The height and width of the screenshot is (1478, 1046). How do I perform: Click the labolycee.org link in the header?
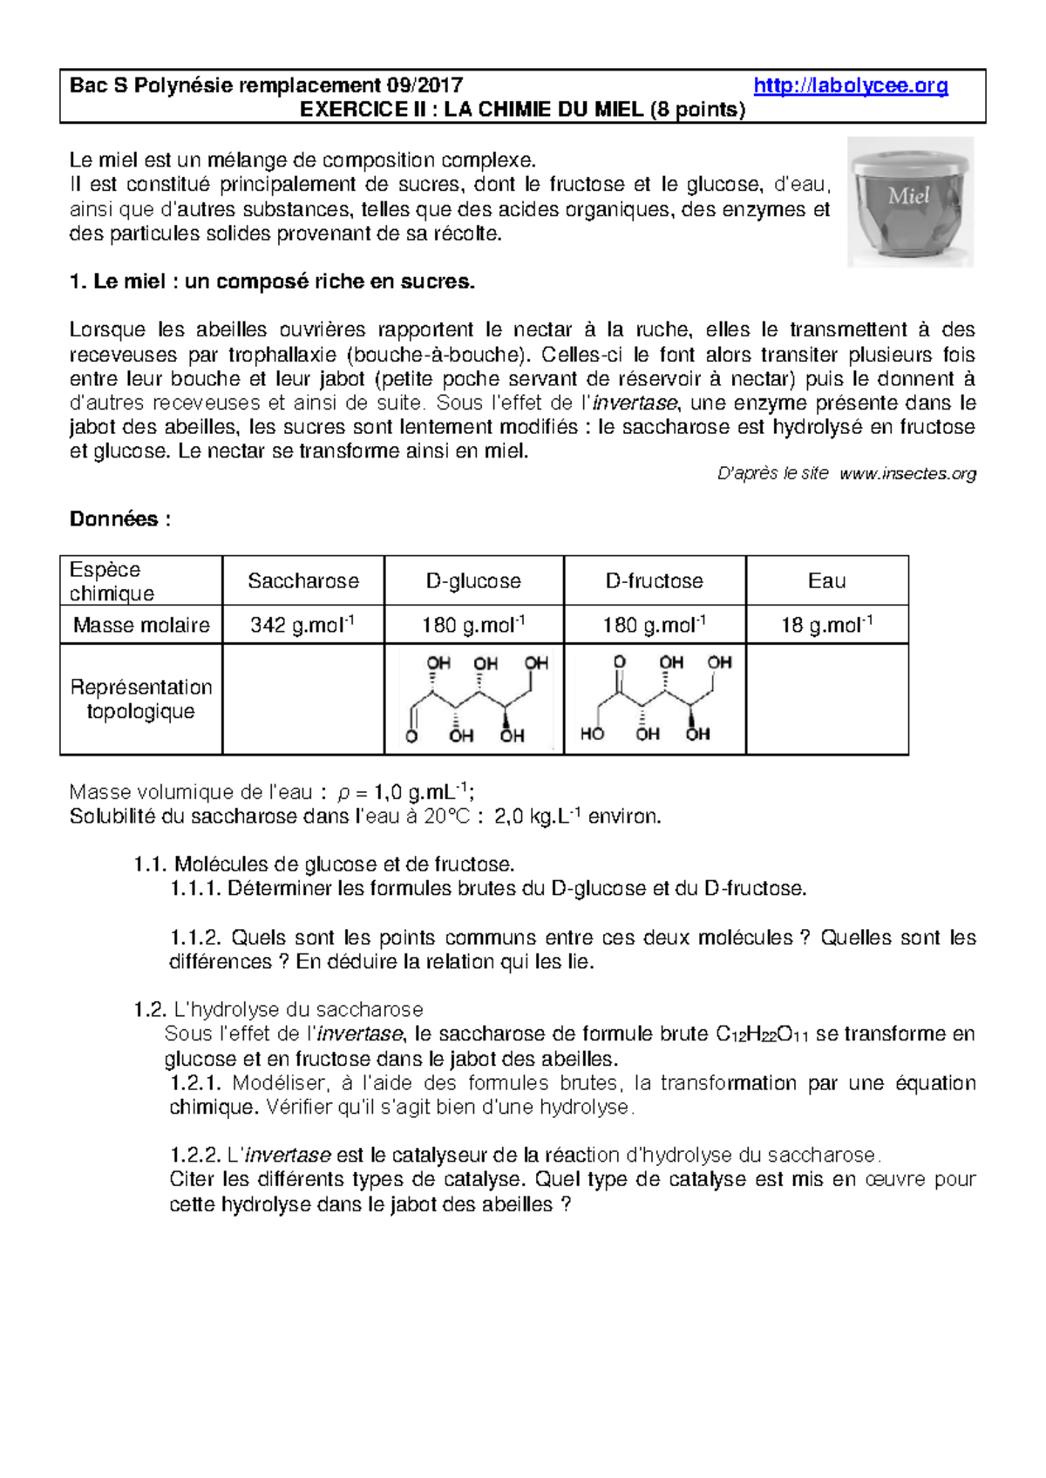[x=850, y=85]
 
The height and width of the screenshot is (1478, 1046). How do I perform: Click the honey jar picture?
[x=910, y=202]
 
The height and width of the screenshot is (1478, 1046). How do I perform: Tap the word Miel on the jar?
[x=908, y=196]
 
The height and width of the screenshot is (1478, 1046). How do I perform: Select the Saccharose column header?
[x=302, y=580]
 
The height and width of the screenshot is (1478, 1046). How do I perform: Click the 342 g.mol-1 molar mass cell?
[x=302, y=625]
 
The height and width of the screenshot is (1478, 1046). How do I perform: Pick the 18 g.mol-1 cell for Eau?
[x=826, y=625]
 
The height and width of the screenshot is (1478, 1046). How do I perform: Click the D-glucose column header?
[x=473, y=580]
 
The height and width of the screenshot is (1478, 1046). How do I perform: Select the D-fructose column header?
[x=654, y=580]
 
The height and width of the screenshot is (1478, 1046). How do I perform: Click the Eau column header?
[x=826, y=580]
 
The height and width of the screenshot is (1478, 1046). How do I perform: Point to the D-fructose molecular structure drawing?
[x=655, y=699]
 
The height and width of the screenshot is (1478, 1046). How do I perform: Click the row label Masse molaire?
[x=141, y=625]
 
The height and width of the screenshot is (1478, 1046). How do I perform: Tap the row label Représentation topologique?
[x=141, y=699]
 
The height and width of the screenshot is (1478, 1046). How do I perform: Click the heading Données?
[x=119, y=519]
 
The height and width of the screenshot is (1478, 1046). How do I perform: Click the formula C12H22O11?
[x=762, y=1034]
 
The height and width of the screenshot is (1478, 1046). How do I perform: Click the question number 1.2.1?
[x=196, y=1083]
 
